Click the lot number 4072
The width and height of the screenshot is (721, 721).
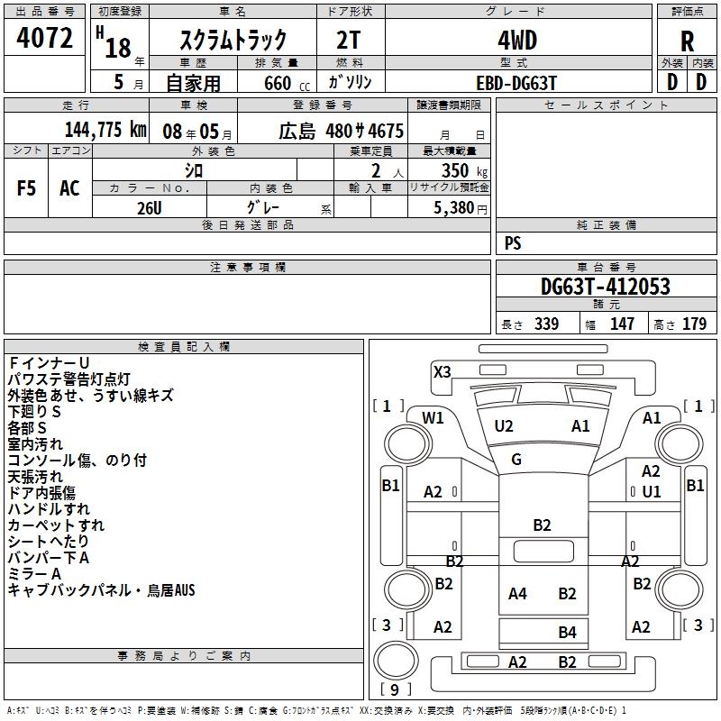click(45, 39)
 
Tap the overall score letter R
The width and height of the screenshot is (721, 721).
click(687, 41)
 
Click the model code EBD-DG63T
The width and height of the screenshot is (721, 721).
click(517, 82)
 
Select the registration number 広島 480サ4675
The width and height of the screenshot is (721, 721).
click(342, 129)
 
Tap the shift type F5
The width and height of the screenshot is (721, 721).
click(27, 187)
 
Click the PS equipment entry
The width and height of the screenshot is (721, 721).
click(513, 243)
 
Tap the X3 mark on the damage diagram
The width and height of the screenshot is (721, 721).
click(443, 371)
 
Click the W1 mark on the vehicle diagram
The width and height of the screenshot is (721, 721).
click(434, 417)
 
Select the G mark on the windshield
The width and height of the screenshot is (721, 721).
click(516, 460)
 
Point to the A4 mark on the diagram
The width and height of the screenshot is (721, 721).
click(517, 593)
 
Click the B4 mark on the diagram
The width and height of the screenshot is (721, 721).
click(567, 632)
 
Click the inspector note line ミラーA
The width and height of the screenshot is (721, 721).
click(34, 574)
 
